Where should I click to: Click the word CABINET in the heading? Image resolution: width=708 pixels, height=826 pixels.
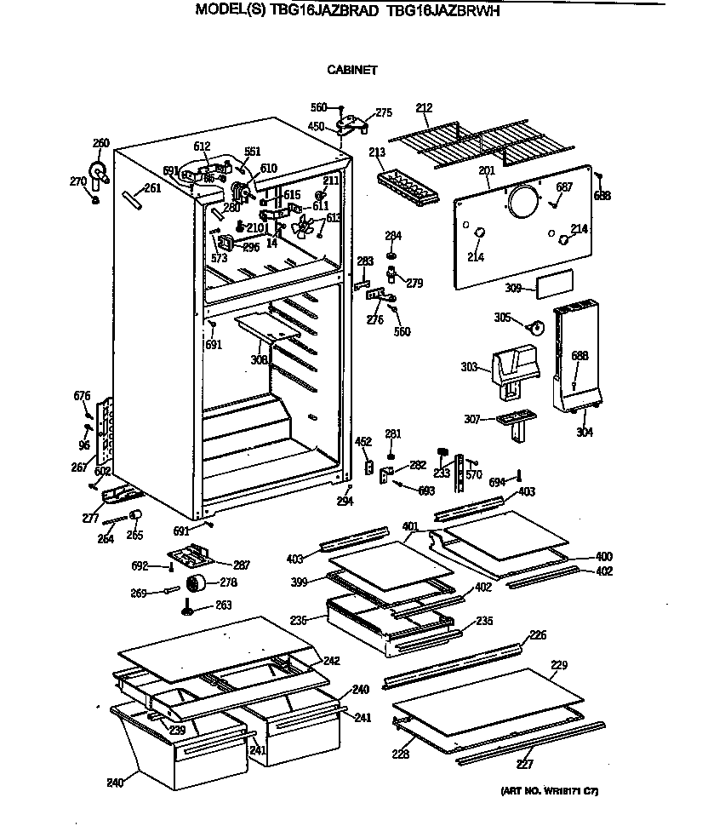click(351, 70)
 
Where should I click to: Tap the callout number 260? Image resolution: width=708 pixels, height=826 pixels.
click(101, 143)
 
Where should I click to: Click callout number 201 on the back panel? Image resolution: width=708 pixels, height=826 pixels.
click(486, 171)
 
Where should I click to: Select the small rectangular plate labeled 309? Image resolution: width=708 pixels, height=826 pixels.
click(554, 284)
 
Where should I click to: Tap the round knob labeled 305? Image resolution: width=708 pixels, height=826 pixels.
click(535, 325)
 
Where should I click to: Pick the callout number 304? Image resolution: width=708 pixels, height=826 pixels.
click(584, 433)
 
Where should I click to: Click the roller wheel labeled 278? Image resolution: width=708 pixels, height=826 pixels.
click(198, 584)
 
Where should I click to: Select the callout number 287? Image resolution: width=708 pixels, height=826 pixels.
click(241, 564)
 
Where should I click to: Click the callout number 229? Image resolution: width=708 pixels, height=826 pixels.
click(558, 665)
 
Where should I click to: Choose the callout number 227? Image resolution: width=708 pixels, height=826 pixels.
click(526, 764)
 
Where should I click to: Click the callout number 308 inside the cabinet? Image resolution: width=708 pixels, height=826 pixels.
click(259, 359)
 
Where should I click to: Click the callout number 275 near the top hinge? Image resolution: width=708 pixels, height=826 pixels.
click(383, 112)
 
